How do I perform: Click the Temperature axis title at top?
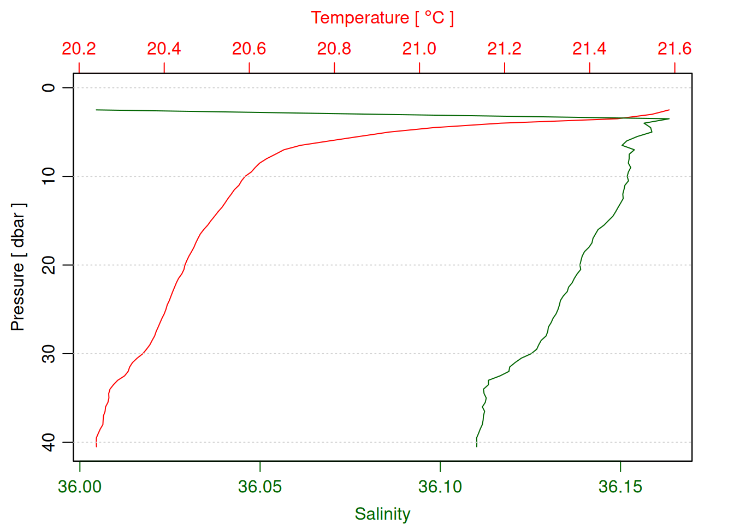coord(382,18)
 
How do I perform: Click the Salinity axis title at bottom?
coord(382,514)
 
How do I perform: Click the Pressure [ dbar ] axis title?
coord(18,267)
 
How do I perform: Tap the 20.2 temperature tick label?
coord(79,49)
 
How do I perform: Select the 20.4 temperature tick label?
coord(164,49)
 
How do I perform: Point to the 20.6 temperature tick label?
coord(249,49)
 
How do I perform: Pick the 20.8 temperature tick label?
coord(334,49)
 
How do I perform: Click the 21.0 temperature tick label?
coord(419,49)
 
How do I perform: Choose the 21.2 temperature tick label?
coord(505,49)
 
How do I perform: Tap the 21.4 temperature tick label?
coord(590,49)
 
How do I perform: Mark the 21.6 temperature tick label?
coord(674,49)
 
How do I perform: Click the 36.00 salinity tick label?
coord(80,486)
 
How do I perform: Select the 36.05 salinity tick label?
coord(260,486)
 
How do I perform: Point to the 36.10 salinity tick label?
coord(440,486)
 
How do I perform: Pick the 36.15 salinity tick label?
coord(620,486)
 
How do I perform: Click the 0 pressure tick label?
coord(49,87)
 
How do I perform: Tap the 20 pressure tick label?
coord(49,265)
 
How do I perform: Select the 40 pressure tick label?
coord(49,442)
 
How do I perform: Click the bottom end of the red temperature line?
coord(96,446)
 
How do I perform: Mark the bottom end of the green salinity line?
coord(477,446)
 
